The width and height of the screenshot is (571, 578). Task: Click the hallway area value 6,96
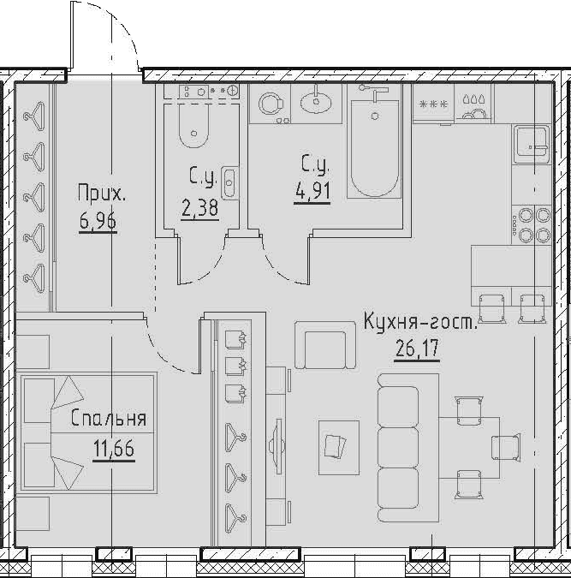point(98,222)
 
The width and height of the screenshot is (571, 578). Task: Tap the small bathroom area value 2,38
point(199,208)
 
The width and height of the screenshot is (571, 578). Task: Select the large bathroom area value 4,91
point(312,191)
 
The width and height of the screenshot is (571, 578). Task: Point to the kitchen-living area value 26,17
point(417,349)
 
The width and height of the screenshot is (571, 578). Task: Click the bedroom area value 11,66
point(114,449)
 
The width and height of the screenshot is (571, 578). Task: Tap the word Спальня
point(109,419)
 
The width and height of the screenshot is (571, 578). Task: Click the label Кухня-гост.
point(420,321)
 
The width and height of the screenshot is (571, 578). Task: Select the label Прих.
point(102,194)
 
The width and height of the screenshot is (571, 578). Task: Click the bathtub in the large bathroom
point(374,148)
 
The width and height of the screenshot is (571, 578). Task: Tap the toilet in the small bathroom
point(193,125)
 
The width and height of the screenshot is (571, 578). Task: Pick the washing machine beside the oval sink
point(271,104)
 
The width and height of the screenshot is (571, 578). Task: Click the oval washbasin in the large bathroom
point(316,102)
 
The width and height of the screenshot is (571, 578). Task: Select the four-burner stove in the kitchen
point(532,224)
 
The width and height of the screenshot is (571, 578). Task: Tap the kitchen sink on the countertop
point(532,144)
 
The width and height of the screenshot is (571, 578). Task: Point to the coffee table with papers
point(339,448)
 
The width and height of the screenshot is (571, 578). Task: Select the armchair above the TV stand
point(325,345)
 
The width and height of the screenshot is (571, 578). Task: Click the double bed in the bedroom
point(89,432)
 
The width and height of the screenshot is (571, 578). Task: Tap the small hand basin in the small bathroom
point(229,182)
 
